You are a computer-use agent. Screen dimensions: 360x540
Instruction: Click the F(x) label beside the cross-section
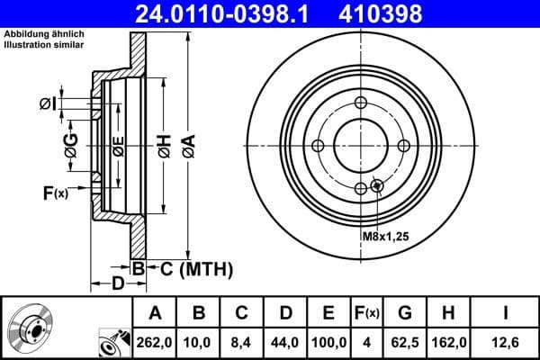[54, 192]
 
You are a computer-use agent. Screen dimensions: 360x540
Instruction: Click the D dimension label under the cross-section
[118, 284]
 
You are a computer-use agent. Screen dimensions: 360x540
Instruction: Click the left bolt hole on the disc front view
[318, 146]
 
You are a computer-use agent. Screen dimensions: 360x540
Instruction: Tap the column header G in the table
[404, 313]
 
